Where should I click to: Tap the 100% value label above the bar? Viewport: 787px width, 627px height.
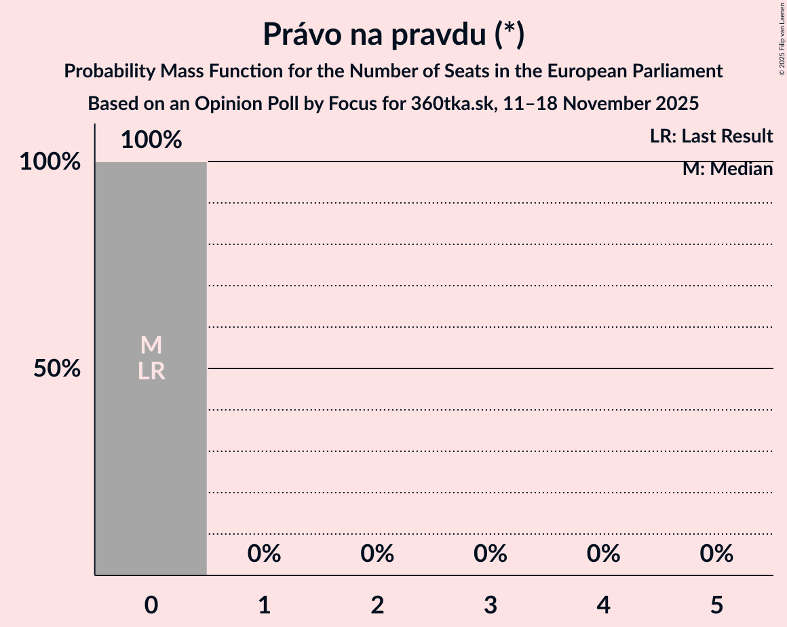pos(151,140)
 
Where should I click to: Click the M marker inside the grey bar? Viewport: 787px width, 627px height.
pos(151,345)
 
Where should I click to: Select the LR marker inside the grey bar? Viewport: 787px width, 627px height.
pos(151,371)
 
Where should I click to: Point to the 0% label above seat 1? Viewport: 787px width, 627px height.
pos(264,554)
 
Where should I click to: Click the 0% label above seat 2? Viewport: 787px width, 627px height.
pos(377,554)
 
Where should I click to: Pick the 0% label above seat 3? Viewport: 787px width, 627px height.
pos(491,554)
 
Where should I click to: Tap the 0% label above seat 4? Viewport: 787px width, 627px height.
pos(604,554)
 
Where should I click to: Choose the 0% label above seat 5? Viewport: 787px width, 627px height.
pos(716,554)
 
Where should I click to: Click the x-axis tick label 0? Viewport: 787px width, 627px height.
pos(151,605)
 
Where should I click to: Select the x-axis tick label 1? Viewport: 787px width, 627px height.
pos(264,605)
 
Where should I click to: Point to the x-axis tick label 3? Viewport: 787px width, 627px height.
pos(491,605)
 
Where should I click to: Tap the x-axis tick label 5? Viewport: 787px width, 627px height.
pos(716,605)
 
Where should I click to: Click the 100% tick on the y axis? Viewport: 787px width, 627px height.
pos(50,162)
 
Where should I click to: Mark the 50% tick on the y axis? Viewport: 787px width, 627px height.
pos(58,369)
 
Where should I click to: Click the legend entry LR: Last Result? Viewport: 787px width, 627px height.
pos(711,136)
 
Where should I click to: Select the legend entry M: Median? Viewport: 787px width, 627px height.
pos(727,169)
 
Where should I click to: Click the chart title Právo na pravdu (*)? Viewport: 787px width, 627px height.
pos(394,35)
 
